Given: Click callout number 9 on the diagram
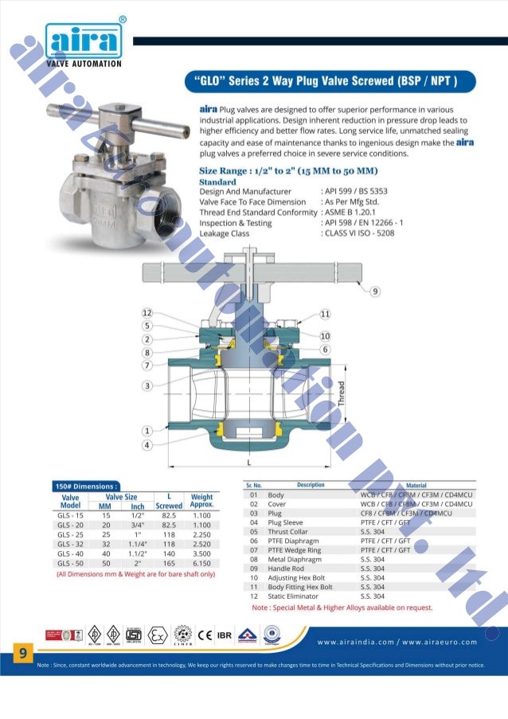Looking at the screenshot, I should click(374, 290).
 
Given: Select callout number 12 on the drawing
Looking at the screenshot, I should click(147, 313).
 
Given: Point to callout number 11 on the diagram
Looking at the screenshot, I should click(325, 314).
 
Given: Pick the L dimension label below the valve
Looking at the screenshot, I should click(249, 462).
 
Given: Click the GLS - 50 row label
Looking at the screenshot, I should click(70, 562).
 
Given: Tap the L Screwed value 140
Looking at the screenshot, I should click(169, 552).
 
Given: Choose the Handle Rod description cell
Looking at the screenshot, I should click(287, 569).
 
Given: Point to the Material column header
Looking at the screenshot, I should click(416, 485).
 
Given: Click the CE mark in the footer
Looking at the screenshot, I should click(205, 635).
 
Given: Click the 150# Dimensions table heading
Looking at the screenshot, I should click(86, 485).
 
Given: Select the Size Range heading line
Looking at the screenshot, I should click(287, 171).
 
